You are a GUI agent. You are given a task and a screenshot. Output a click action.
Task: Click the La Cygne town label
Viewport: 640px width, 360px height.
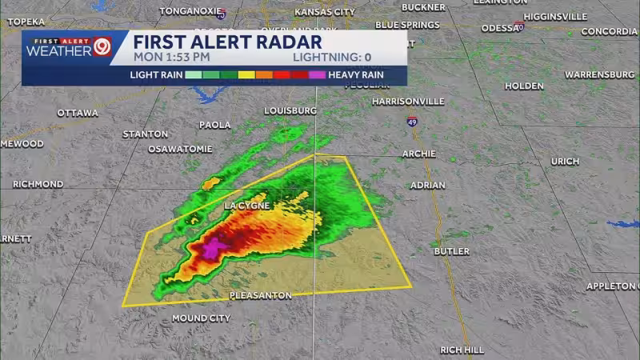click(247, 206)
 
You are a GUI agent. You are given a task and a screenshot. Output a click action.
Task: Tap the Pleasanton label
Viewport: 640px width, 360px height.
click(260, 295)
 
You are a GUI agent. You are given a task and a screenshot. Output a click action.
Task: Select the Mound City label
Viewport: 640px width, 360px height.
click(201, 318)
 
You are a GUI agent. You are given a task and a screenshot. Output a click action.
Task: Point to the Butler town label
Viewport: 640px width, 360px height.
click(451, 251)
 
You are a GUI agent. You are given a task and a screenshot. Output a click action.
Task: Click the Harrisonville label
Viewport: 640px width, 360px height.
click(408, 102)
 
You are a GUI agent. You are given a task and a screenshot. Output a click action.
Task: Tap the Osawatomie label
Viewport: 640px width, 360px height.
click(180, 149)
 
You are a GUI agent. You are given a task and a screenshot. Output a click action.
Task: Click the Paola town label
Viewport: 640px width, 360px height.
click(215, 125)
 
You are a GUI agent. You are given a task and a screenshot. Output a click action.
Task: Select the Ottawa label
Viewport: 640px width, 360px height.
click(78, 113)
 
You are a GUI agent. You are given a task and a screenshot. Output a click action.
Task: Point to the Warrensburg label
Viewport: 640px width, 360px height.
click(599, 74)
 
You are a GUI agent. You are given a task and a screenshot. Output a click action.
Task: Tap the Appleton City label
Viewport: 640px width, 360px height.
click(613, 286)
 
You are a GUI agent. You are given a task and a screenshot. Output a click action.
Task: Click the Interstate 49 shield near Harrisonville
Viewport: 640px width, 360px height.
click(411, 122)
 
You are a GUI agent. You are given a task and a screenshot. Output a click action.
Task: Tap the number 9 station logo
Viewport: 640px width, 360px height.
click(102, 46)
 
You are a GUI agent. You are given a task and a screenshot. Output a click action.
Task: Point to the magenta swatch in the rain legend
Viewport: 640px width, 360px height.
click(317, 74)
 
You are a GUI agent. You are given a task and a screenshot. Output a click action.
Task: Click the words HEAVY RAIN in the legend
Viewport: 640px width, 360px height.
click(362, 74)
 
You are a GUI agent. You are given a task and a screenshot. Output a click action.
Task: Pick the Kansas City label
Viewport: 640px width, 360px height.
click(324, 12)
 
